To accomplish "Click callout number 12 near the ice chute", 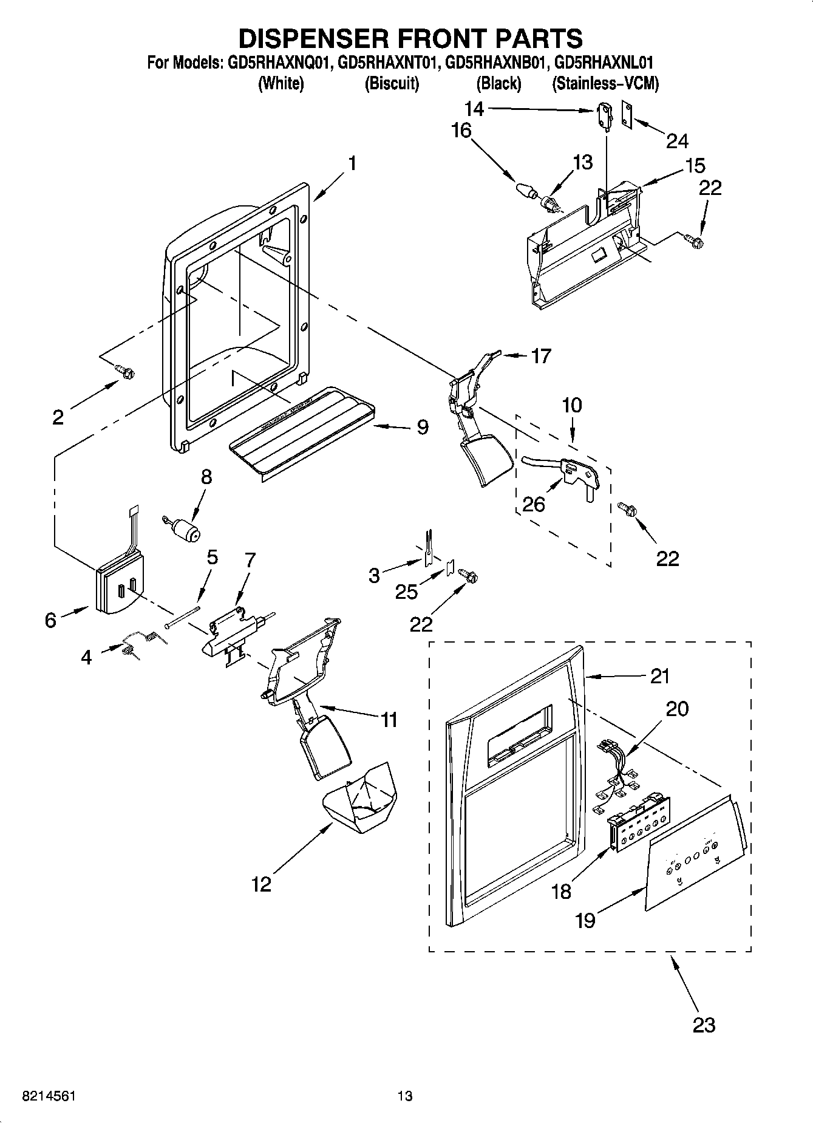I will coord(261,884).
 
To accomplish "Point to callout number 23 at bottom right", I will coord(704,1025).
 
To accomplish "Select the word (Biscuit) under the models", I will coord(392,84).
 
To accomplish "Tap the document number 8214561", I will coord(49,1096).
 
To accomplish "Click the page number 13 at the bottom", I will coord(405,1096).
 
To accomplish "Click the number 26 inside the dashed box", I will coord(534,503).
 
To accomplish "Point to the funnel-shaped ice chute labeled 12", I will coord(359,800).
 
